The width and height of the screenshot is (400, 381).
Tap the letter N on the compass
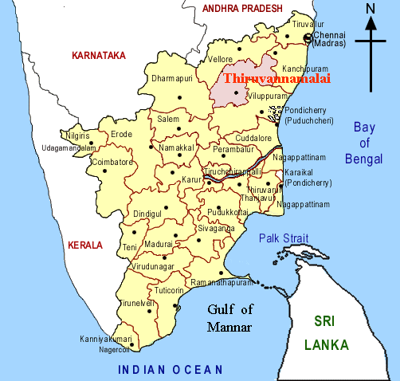coord(370,9)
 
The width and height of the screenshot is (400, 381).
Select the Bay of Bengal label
coord(364,143)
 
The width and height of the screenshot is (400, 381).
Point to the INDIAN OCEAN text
coord(171,369)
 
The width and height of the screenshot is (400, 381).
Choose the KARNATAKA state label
coord(99,56)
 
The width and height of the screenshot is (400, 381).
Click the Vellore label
coord(221,59)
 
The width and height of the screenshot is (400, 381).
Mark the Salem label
coord(169,119)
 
